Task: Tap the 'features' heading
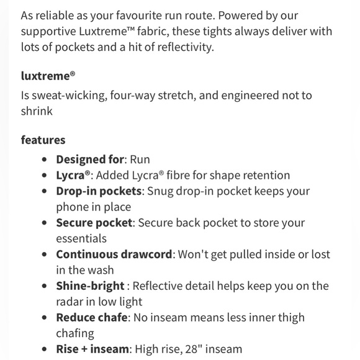click(x=43, y=140)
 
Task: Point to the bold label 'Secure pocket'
click(x=94, y=223)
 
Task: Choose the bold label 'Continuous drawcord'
click(x=112, y=254)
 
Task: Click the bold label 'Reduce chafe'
click(x=92, y=318)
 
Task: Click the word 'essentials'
click(x=81, y=238)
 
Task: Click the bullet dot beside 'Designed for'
click(x=45, y=160)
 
